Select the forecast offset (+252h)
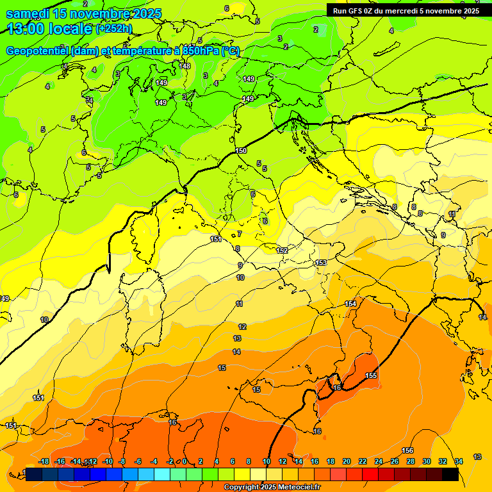tap(114, 29)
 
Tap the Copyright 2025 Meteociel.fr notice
tap(271, 488)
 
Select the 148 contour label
tap(185, 66)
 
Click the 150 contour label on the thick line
tap(241, 151)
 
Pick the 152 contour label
tap(282, 250)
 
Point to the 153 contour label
tap(321, 263)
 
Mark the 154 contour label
tap(350, 304)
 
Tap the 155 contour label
tap(371, 375)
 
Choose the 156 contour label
tap(407, 451)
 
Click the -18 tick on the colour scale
tap(44, 462)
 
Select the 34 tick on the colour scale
tap(459, 462)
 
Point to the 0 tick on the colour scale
tap(184, 462)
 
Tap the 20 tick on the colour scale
tap(347, 462)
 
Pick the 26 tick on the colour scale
tap(395, 462)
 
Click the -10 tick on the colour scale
tap(108, 462)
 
